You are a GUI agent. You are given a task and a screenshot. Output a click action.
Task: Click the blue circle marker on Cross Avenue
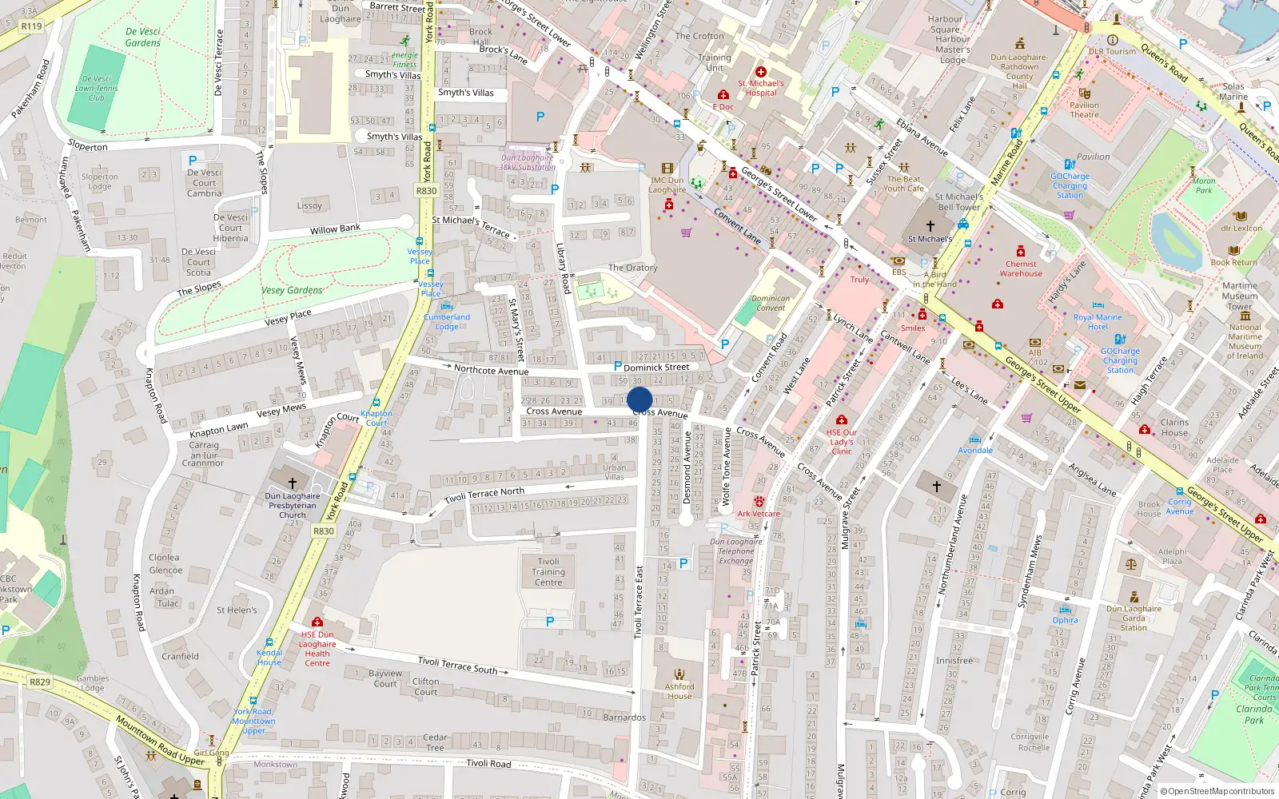click(639, 399)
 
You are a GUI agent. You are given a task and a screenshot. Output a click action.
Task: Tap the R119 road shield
click(31, 26)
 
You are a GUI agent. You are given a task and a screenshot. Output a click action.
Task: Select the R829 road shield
click(39, 682)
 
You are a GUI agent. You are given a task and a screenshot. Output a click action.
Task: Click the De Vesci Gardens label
click(143, 38)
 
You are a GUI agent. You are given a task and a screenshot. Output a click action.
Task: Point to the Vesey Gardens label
click(293, 290)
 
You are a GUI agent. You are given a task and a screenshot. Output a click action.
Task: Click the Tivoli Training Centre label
click(548, 572)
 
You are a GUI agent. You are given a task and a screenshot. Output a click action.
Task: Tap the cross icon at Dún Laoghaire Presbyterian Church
click(293, 483)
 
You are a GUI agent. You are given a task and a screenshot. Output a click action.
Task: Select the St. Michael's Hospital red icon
click(761, 72)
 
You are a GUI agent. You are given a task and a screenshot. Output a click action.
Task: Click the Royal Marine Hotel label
click(1098, 322)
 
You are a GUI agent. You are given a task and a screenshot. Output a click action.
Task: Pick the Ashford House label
click(679, 691)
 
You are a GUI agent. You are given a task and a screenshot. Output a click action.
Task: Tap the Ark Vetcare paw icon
click(759, 502)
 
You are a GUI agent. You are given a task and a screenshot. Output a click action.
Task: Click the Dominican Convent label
click(771, 303)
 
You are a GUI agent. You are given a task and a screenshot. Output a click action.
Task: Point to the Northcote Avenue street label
click(491, 370)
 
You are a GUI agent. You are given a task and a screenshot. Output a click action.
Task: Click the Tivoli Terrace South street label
click(457, 665)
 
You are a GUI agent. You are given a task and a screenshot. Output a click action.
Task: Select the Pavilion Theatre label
click(1084, 109)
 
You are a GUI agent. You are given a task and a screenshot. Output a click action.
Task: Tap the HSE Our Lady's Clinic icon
click(841, 419)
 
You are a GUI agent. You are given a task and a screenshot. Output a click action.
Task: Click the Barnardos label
click(624, 718)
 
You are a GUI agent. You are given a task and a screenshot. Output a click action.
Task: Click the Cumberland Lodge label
click(447, 322)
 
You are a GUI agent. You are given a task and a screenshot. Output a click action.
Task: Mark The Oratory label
click(632, 268)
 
